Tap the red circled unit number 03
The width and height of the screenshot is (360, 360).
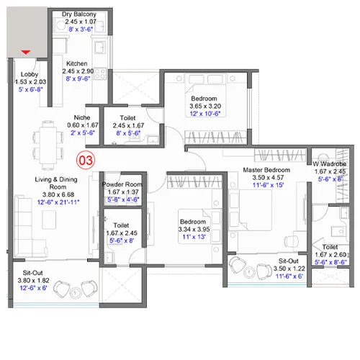tap(86, 159)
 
